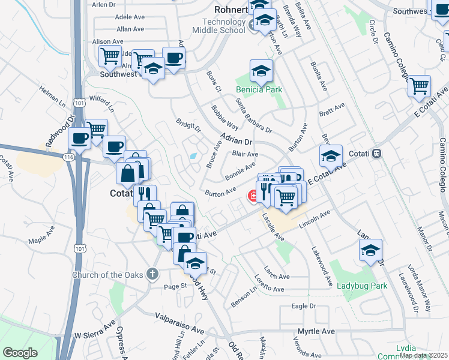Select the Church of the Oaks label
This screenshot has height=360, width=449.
[108, 275]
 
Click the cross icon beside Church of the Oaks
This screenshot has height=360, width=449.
[153, 275]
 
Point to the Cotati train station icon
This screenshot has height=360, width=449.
[377, 153]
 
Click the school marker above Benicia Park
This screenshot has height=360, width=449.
[261, 71]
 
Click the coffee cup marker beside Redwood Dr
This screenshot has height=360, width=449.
[79, 139]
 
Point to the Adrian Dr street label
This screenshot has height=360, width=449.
[237, 140]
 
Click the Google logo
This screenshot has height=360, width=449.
[20, 352]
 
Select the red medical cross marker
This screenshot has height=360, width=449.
[253, 196]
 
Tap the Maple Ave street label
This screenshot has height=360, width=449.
[41, 241]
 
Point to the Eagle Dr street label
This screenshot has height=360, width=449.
[303, 307]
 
